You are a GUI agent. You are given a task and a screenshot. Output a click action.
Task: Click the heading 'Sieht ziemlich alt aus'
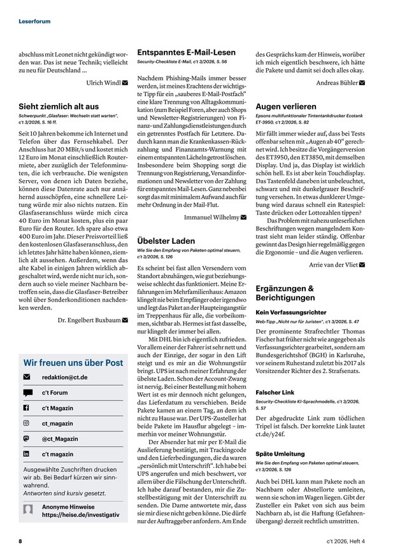coord(59,106)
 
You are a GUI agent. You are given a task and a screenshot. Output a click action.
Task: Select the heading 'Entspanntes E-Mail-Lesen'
coord(186,52)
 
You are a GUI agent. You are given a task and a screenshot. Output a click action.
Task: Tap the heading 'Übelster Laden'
coord(166,241)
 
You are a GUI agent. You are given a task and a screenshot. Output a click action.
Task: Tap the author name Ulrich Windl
coord(103,82)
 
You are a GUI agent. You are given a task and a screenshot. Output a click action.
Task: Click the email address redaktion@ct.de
coord(64,377)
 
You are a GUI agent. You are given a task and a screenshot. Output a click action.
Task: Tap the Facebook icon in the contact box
coord(27,407)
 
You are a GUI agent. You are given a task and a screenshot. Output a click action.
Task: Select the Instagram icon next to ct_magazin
coord(27,423)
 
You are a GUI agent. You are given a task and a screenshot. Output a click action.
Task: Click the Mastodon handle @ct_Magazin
coord(61,438)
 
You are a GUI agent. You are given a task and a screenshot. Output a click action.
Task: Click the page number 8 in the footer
coord(20,541)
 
